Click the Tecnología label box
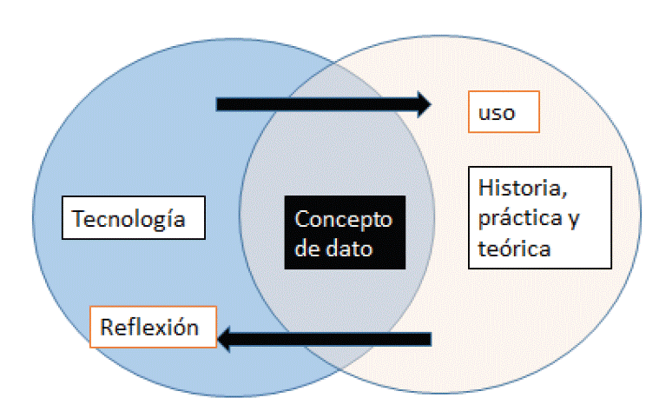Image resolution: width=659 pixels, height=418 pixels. pyautogui.click(x=133, y=217)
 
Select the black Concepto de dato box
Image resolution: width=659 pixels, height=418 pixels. pyautogui.click(x=344, y=233)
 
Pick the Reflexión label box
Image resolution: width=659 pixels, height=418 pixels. pyautogui.click(x=154, y=327)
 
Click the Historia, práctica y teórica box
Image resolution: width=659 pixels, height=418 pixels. pyautogui.click(x=538, y=217)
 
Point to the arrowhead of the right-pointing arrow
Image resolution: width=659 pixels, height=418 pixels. pyautogui.click(x=423, y=104)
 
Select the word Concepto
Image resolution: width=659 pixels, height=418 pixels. pyautogui.click(x=344, y=219)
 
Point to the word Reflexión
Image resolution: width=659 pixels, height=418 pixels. pyautogui.click(x=149, y=328)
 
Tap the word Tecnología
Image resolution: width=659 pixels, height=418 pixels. pyautogui.click(x=129, y=218)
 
